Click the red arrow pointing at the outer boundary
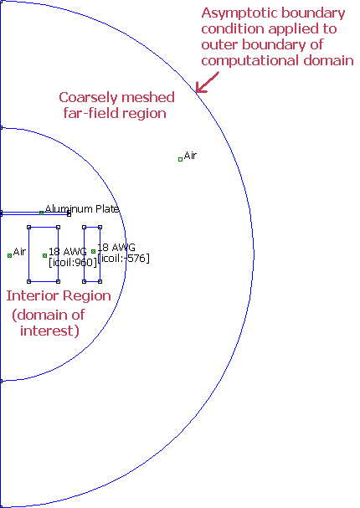(208, 82)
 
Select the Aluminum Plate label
(82, 209)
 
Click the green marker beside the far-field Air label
(181, 159)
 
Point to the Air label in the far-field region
(190, 156)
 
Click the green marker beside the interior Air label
(9, 255)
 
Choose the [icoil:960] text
(73, 263)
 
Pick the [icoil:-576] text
(123, 259)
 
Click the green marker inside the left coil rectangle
(44, 255)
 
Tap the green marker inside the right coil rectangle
(93, 251)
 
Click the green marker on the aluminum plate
(42, 213)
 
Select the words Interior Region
(59, 295)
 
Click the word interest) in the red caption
(49, 331)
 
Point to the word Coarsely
(83, 98)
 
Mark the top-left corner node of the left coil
(28, 227)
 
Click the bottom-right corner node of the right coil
(100, 281)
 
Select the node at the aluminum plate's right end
(69, 213)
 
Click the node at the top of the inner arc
(1, 128)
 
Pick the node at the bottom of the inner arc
(1, 382)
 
